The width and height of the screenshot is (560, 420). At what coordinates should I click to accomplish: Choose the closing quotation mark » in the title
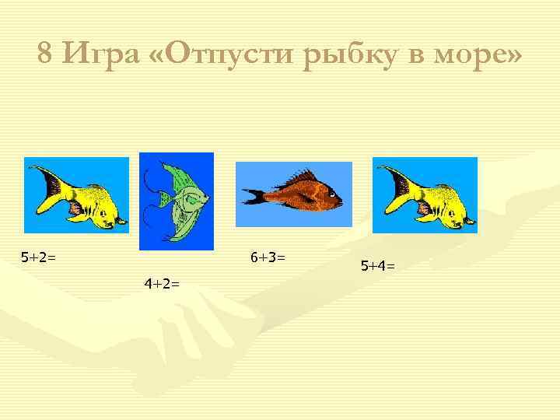(x=514, y=55)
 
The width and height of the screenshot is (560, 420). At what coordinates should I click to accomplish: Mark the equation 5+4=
(x=377, y=266)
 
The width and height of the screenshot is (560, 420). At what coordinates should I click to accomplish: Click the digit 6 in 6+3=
(x=254, y=256)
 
